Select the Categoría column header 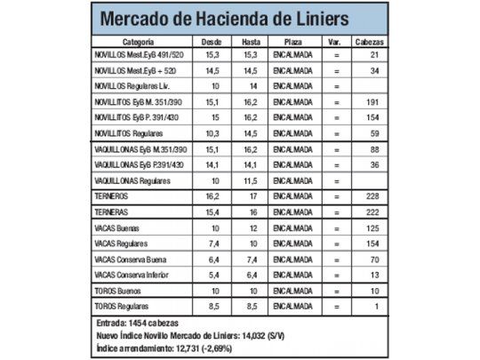140,42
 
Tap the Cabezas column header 370,42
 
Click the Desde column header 212,42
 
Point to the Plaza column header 292,42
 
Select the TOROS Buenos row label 120,290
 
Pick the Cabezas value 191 372,101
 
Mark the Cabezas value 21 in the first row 374,55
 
